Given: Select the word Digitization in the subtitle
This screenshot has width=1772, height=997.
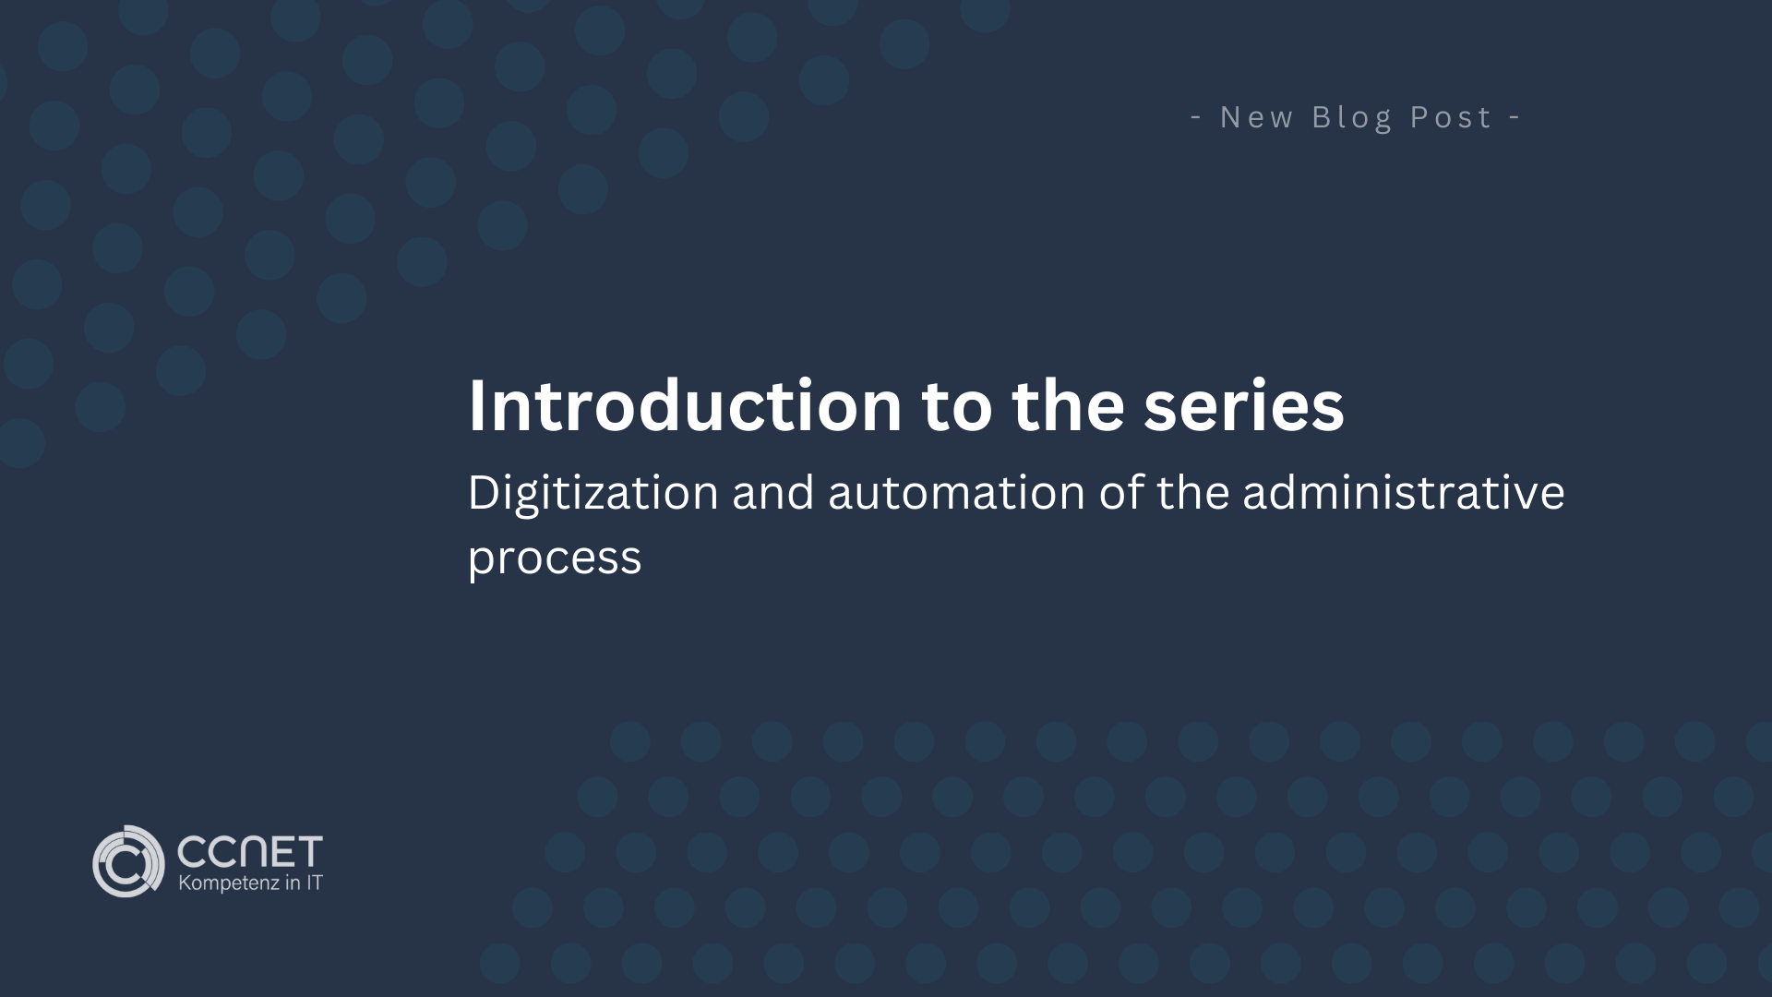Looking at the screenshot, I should coord(593,492).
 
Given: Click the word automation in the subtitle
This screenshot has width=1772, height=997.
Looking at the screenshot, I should coord(956,492).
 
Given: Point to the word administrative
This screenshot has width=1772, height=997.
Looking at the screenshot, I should coord(1403,492).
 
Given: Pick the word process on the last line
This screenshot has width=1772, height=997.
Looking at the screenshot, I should coord(554,559).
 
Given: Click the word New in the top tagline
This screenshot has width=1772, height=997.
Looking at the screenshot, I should coord(1256,117).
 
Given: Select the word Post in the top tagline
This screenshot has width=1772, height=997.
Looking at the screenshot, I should coord(1450,117).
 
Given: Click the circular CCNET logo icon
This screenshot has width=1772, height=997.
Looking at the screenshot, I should coord(128,861).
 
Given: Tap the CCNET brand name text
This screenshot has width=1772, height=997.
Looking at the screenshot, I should coord(249,850).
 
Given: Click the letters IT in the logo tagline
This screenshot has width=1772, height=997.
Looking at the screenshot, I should coord(314,883).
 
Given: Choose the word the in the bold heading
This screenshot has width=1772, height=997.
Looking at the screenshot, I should coord(1068,405).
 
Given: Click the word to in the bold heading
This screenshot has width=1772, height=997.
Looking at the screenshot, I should coord(957,405).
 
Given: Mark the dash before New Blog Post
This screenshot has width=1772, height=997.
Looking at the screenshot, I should coord(1196,117).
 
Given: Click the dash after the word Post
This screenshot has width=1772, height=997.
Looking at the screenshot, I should coord(1515,117).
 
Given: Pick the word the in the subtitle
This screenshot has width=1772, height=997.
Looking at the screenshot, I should coord(1192,492).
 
